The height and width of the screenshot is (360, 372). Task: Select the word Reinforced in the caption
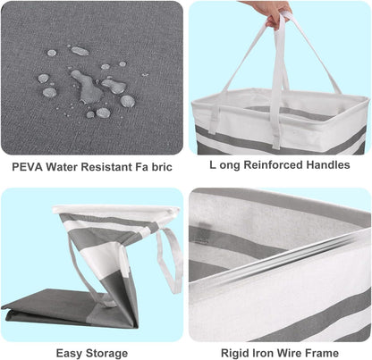pos(274,164)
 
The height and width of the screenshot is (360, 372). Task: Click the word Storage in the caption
pos(106,354)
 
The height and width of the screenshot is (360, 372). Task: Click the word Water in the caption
pos(62,167)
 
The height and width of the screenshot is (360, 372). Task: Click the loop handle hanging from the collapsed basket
pos(170,259)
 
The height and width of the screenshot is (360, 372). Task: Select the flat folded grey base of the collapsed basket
pos(69,308)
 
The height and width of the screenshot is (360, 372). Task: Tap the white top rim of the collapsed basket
pos(116,211)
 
